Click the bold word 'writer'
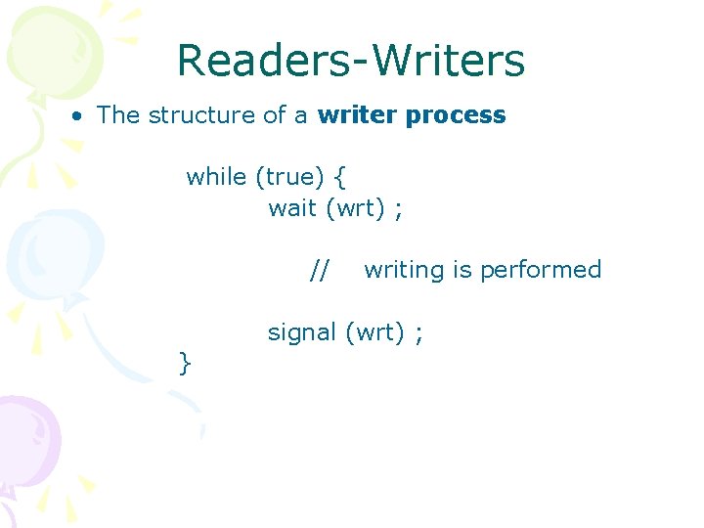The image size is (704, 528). click(357, 115)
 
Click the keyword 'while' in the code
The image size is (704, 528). click(216, 177)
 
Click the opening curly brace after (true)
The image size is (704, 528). click(338, 178)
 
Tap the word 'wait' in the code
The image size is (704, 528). click(291, 208)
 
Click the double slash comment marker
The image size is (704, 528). click(320, 270)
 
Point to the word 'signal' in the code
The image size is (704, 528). click(302, 333)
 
